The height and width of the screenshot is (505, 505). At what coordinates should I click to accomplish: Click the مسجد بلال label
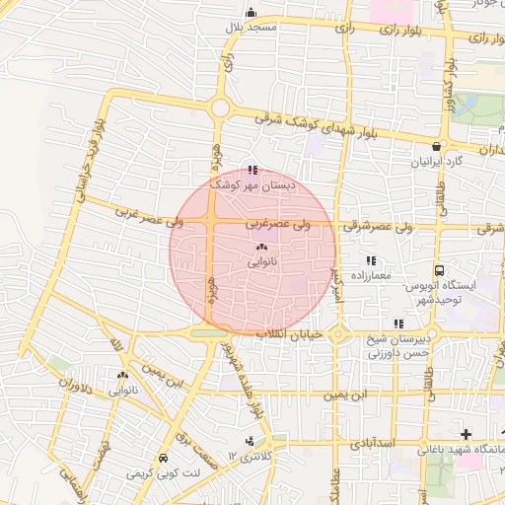tap(250, 28)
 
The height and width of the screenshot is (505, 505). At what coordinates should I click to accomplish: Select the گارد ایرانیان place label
tap(439, 161)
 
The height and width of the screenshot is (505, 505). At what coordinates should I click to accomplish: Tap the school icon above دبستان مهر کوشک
tap(254, 170)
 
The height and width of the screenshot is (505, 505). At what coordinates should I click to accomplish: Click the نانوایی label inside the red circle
tap(261, 262)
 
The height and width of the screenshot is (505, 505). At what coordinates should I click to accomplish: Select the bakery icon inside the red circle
tap(261, 248)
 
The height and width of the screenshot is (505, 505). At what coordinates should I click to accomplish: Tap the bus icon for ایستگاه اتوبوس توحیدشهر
tap(439, 271)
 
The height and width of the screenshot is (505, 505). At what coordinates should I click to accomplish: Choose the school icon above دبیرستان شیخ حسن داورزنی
tap(398, 324)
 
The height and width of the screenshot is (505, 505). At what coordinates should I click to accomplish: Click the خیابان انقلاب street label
tap(290, 335)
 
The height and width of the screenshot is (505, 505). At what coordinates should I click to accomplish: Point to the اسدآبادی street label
tap(374, 445)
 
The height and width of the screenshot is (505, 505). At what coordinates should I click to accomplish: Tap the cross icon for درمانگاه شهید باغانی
tap(466, 434)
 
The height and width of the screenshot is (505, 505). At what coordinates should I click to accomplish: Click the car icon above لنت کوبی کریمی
tap(162, 459)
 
